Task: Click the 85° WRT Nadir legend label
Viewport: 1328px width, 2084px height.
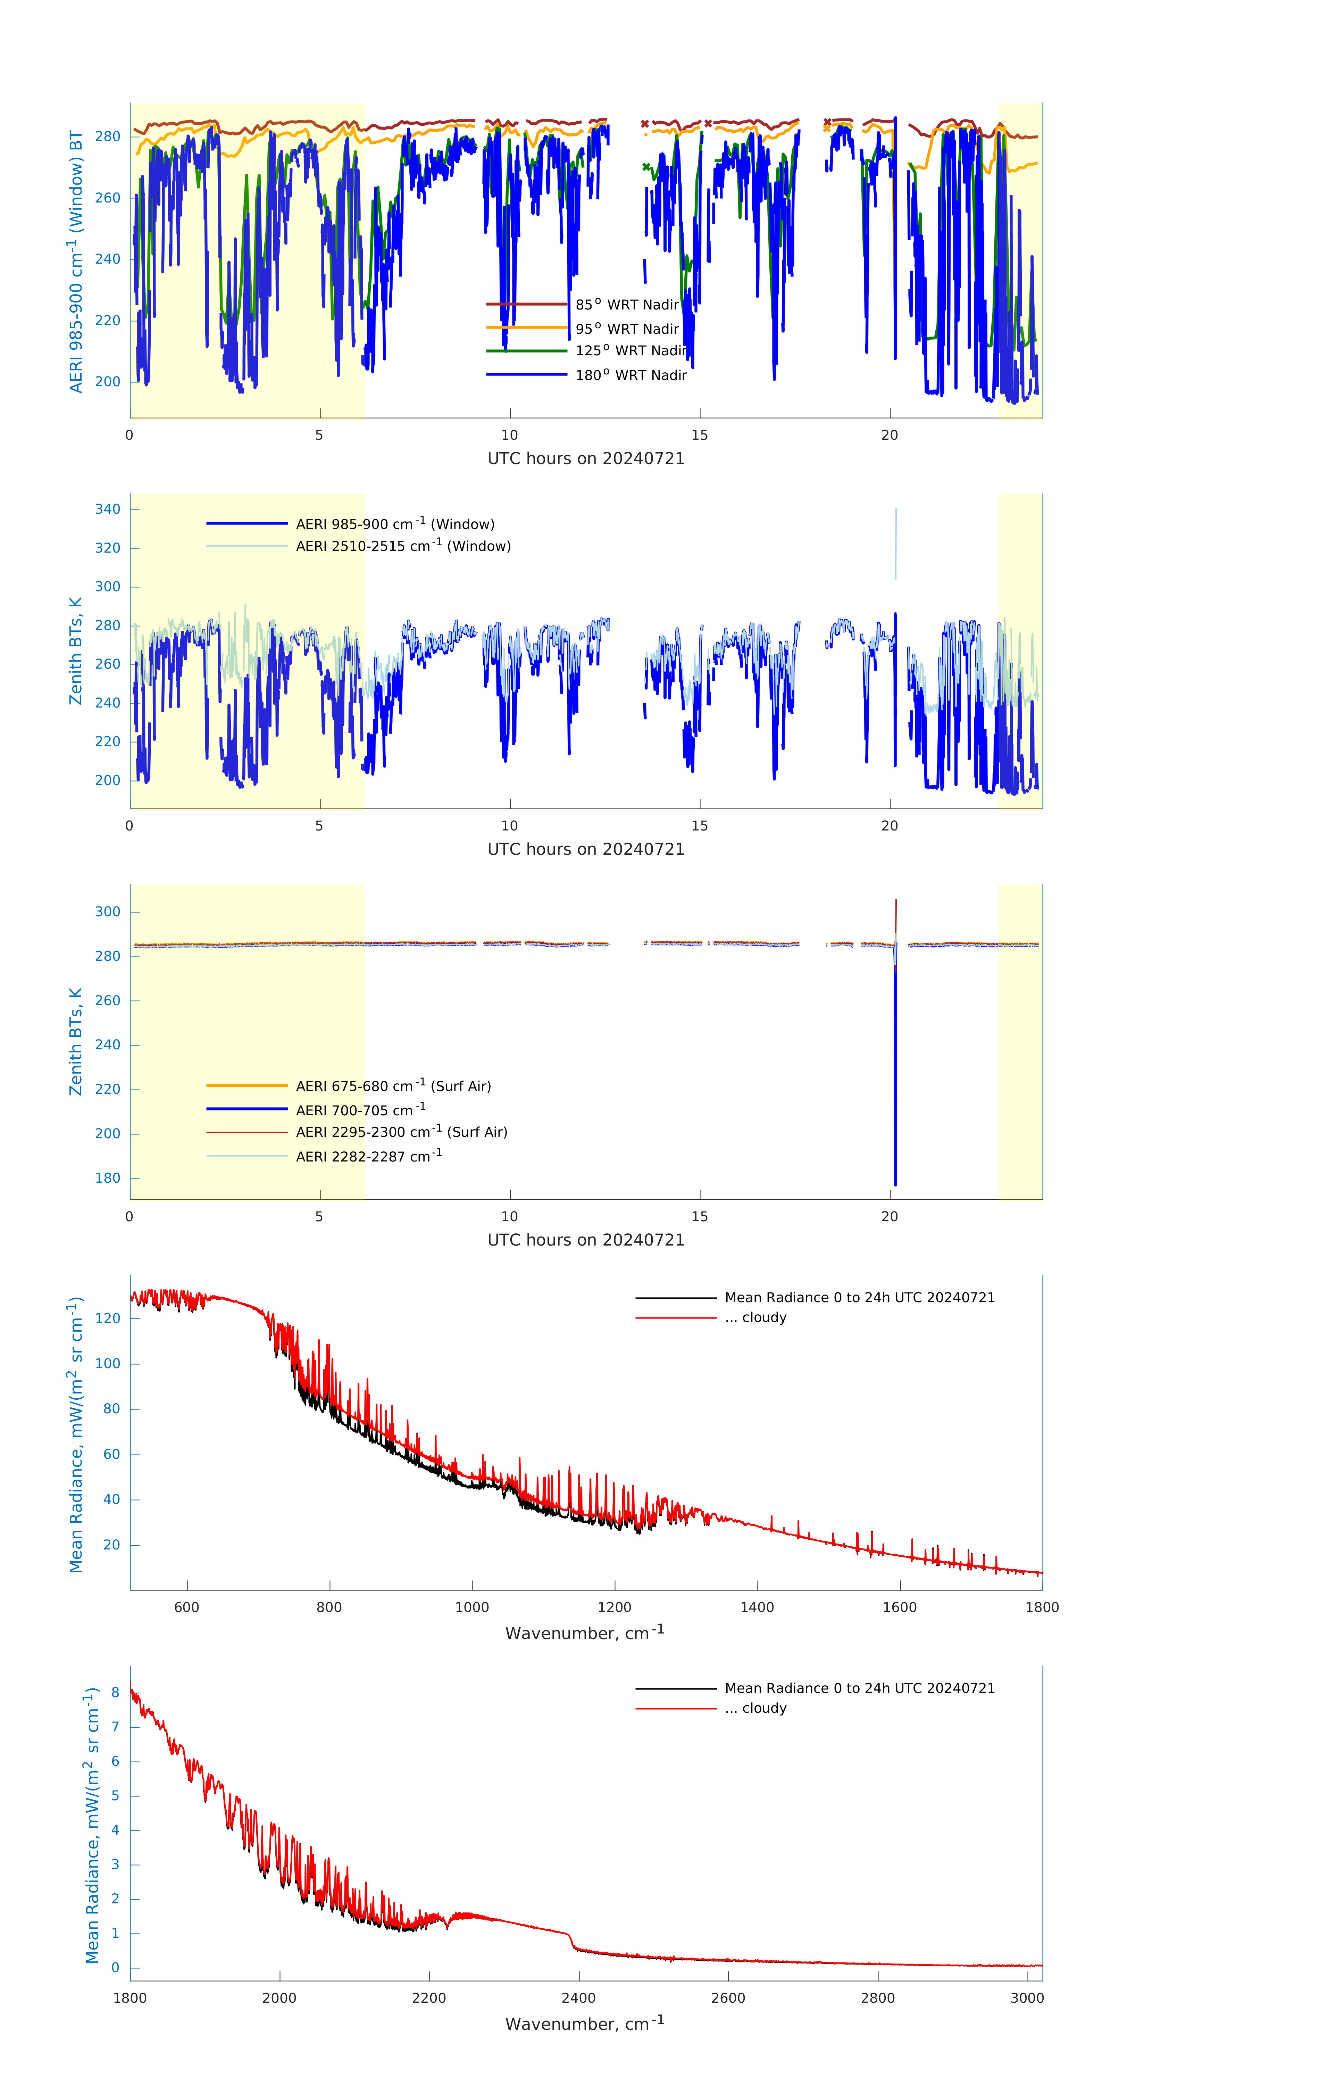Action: point(627,305)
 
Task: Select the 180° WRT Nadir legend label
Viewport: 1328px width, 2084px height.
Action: point(631,375)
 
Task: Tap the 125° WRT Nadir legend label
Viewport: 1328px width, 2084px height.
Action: point(631,350)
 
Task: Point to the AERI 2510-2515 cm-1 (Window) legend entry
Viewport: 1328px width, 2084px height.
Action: point(403,546)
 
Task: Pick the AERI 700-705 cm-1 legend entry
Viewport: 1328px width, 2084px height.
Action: point(360,1110)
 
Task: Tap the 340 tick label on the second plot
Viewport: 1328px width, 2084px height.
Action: point(108,509)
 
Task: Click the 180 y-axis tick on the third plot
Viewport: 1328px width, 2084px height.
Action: point(108,1178)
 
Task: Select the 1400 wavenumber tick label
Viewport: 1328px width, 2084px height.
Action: point(757,1607)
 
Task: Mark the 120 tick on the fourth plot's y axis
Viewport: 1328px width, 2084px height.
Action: point(111,1318)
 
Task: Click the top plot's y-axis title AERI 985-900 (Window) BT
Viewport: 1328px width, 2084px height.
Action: point(76,261)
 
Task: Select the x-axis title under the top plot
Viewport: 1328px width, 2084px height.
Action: point(586,459)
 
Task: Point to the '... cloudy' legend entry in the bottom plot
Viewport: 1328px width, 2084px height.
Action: point(755,1709)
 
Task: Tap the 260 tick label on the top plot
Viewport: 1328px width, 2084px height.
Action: point(108,197)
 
